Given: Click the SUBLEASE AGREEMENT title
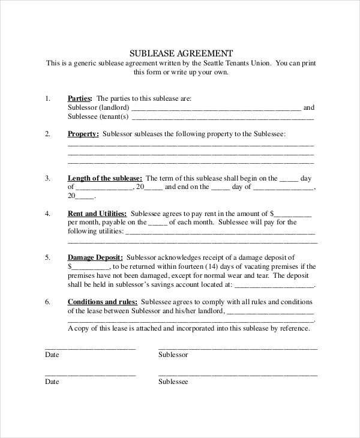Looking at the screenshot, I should [181, 52].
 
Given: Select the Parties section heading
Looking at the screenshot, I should [80, 98].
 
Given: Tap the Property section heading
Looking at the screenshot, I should [83, 134].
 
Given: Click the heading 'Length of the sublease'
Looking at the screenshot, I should [104, 178].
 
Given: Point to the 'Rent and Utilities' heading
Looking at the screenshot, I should [97, 213].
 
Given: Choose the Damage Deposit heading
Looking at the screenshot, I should [95, 257].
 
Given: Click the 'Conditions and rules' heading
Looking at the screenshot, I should [103, 302].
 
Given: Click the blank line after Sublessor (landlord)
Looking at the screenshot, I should [216, 109].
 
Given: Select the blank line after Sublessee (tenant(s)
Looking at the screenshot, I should [222, 118].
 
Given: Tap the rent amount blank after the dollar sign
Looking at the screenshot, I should [294, 214].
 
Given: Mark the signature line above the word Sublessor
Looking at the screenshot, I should [238, 348].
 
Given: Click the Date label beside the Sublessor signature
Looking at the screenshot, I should [52, 355].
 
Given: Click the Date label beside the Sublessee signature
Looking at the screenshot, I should [52, 382].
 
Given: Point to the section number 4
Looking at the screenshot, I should [47, 213].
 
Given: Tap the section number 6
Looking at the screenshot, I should [47, 302].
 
